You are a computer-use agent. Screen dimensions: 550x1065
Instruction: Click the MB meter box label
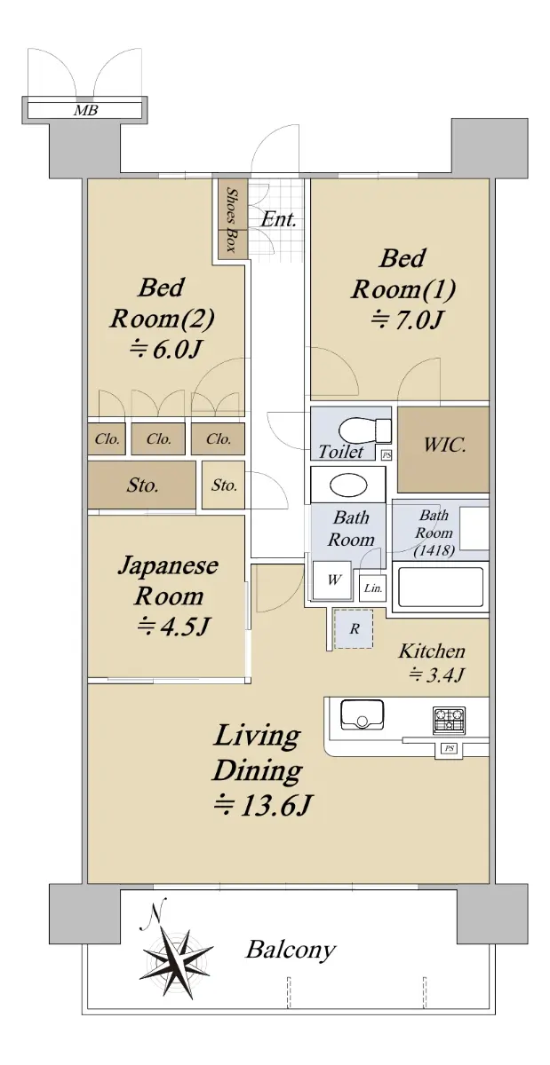(x=85, y=111)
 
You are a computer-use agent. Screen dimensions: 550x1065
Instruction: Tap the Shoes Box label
(x=232, y=219)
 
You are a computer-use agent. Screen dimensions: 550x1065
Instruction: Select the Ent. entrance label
(x=279, y=220)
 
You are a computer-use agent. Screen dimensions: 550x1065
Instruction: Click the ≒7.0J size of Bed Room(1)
(x=407, y=320)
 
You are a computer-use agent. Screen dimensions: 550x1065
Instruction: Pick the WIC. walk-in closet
(x=442, y=449)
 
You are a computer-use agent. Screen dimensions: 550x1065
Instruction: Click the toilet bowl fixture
(x=365, y=430)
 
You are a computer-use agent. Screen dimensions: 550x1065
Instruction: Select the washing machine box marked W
(x=332, y=580)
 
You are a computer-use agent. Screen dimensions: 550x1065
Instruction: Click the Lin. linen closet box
(x=372, y=588)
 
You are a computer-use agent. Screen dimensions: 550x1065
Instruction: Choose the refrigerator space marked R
(x=354, y=628)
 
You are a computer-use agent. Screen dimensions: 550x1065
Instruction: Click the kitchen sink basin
(x=362, y=714)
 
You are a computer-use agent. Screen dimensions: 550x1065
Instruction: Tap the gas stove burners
(x=449, y=720)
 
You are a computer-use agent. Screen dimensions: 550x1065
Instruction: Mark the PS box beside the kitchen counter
(x=449, y=748)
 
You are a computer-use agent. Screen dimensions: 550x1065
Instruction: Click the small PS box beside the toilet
(x=387, y=455)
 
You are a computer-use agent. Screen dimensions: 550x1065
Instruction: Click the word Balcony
(x=290, y=951)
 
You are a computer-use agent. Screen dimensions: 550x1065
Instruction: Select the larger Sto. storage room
(x=141, y=485)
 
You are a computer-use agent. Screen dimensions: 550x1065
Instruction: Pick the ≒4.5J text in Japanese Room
(x=172, y=627)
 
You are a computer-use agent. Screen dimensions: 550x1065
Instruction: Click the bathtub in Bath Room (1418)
(x=441, y=587)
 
